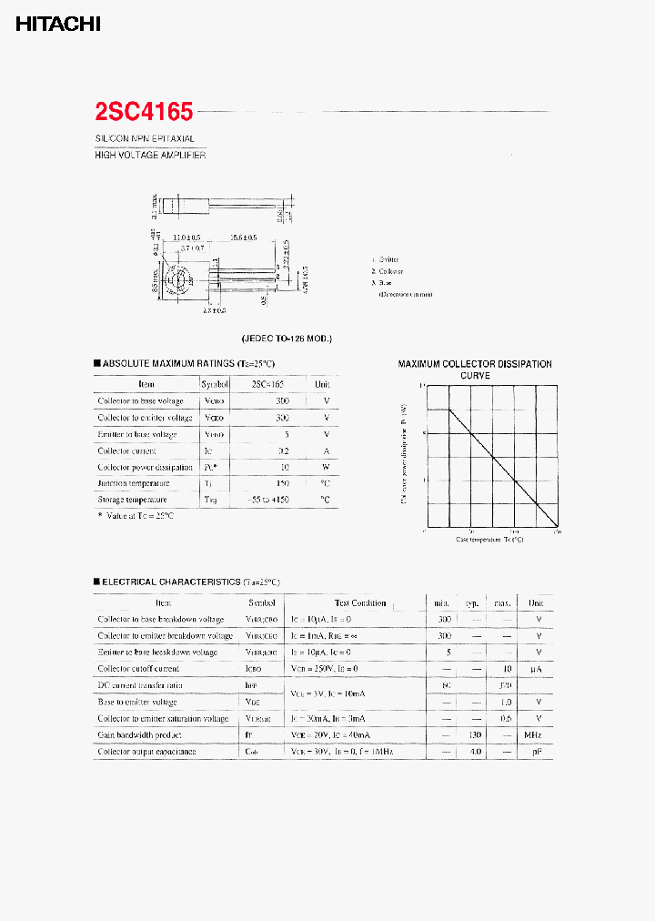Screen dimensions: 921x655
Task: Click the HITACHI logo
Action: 57,25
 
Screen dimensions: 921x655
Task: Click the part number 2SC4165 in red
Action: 144,112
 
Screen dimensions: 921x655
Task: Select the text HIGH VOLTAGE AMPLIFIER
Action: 150,156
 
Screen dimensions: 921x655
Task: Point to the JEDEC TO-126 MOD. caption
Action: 287,339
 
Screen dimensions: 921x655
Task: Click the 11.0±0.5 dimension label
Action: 186,238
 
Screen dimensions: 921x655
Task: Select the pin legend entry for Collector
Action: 388,271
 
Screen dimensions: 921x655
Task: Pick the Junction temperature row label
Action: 133,483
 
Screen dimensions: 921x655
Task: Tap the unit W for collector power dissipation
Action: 326,467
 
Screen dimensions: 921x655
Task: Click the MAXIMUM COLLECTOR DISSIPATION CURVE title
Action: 475,369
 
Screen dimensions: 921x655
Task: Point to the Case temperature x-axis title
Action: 489,540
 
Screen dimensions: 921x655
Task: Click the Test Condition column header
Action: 359,602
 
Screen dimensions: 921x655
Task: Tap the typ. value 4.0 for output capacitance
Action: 473,752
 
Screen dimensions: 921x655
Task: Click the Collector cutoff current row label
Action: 138,669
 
